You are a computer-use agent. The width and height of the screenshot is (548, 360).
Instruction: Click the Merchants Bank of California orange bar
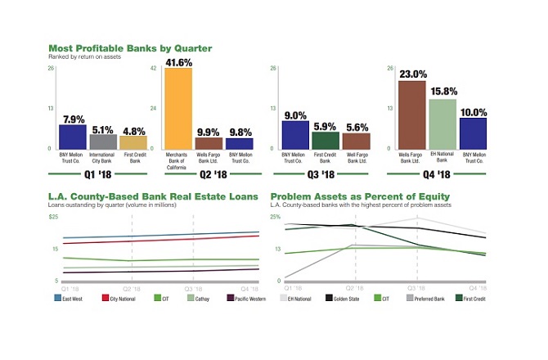tap(178, 108)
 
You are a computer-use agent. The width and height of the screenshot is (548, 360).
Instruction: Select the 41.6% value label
tap(178, 61)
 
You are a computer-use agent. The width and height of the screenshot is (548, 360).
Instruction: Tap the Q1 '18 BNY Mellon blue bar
tap(72, 137)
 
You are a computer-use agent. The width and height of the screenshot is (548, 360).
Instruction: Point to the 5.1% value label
tap(103, 129)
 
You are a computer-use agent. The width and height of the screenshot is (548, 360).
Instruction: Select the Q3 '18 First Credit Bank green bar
tap(326, 140)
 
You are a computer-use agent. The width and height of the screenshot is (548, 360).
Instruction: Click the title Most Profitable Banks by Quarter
tap(130, 48)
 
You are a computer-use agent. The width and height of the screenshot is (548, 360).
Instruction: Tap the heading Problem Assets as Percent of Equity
tap(359, 196)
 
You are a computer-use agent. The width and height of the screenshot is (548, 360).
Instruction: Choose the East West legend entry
tap(71, 298)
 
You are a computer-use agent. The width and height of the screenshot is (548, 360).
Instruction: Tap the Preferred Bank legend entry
tap(426, 298)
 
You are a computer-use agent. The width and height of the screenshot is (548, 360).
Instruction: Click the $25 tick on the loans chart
tap(53, 216)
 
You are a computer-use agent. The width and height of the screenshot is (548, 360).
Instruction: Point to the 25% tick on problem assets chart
tap(275, 216)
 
